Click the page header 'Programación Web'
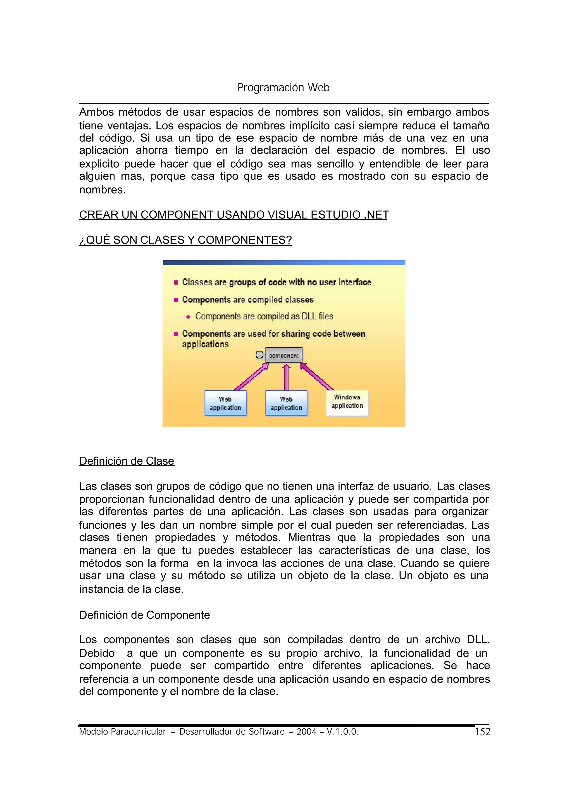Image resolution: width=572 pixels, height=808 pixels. (x=283, y=87)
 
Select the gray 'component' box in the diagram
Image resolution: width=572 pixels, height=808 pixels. (x=283, y=355)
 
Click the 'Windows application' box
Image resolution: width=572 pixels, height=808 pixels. (x=347, y=402)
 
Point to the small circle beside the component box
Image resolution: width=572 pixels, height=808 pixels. (x=259, y=355)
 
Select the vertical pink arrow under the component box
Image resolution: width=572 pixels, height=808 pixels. (x=286, y=378)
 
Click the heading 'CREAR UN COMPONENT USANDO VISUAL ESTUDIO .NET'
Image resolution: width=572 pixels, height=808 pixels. (x=234, y=215)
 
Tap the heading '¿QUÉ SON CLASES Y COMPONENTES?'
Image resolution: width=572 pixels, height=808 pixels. (x=186, y=240)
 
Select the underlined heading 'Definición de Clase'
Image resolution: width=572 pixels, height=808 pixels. (x=127, y=461)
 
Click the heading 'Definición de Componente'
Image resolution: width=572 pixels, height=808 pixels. (x=144, y=615)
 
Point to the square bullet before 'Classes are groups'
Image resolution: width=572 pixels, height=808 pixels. (x=176, y=282)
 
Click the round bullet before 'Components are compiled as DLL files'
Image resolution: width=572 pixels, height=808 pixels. (x=188, y=317)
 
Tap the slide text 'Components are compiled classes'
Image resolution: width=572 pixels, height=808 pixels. (x=248, y=300)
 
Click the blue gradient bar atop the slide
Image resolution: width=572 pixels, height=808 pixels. (x=284, y=263)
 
